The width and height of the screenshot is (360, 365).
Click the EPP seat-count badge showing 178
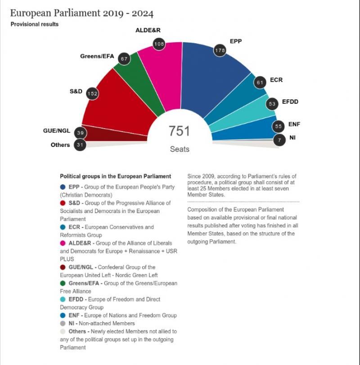point(220,50)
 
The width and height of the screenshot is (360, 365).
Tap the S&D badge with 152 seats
point(92,93)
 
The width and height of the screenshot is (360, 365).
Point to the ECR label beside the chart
point(276,80)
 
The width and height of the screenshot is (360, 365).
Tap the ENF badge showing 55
point(279,127)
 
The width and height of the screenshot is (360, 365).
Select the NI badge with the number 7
point(279,140)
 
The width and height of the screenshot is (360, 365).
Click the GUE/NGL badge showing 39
point(81,133)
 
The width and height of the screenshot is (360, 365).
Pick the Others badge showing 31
point(80,145)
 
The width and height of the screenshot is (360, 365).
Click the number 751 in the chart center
point(179,131)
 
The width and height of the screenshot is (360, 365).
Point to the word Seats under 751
point(180,149)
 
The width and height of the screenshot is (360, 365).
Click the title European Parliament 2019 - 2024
point(81,13)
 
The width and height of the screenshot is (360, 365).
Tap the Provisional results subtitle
point(35,24)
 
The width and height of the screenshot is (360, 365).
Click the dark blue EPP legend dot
point(63,187)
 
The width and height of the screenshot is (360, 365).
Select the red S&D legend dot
point(63,203)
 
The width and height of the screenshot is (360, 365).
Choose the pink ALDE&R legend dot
point(63,243)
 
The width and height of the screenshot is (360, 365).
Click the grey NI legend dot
point(63,323)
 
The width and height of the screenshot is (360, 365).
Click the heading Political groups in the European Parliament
point(115,177)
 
